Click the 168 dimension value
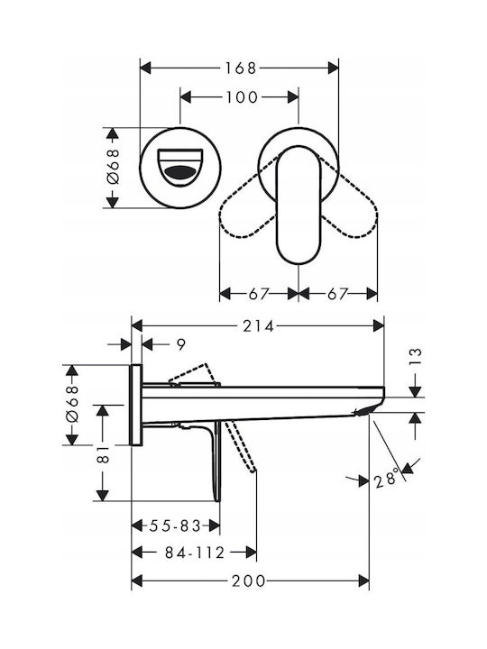pos(240,68)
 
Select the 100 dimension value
pos(242,97)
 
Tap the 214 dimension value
pos(259,326)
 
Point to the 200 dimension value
pos(248,580)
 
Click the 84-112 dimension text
pos(195,553)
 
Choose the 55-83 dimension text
pos(175,526)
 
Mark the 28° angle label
pos(387,479)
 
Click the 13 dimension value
pos(416,357)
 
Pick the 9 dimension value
pos(181,344)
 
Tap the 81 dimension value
pos(103,453)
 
